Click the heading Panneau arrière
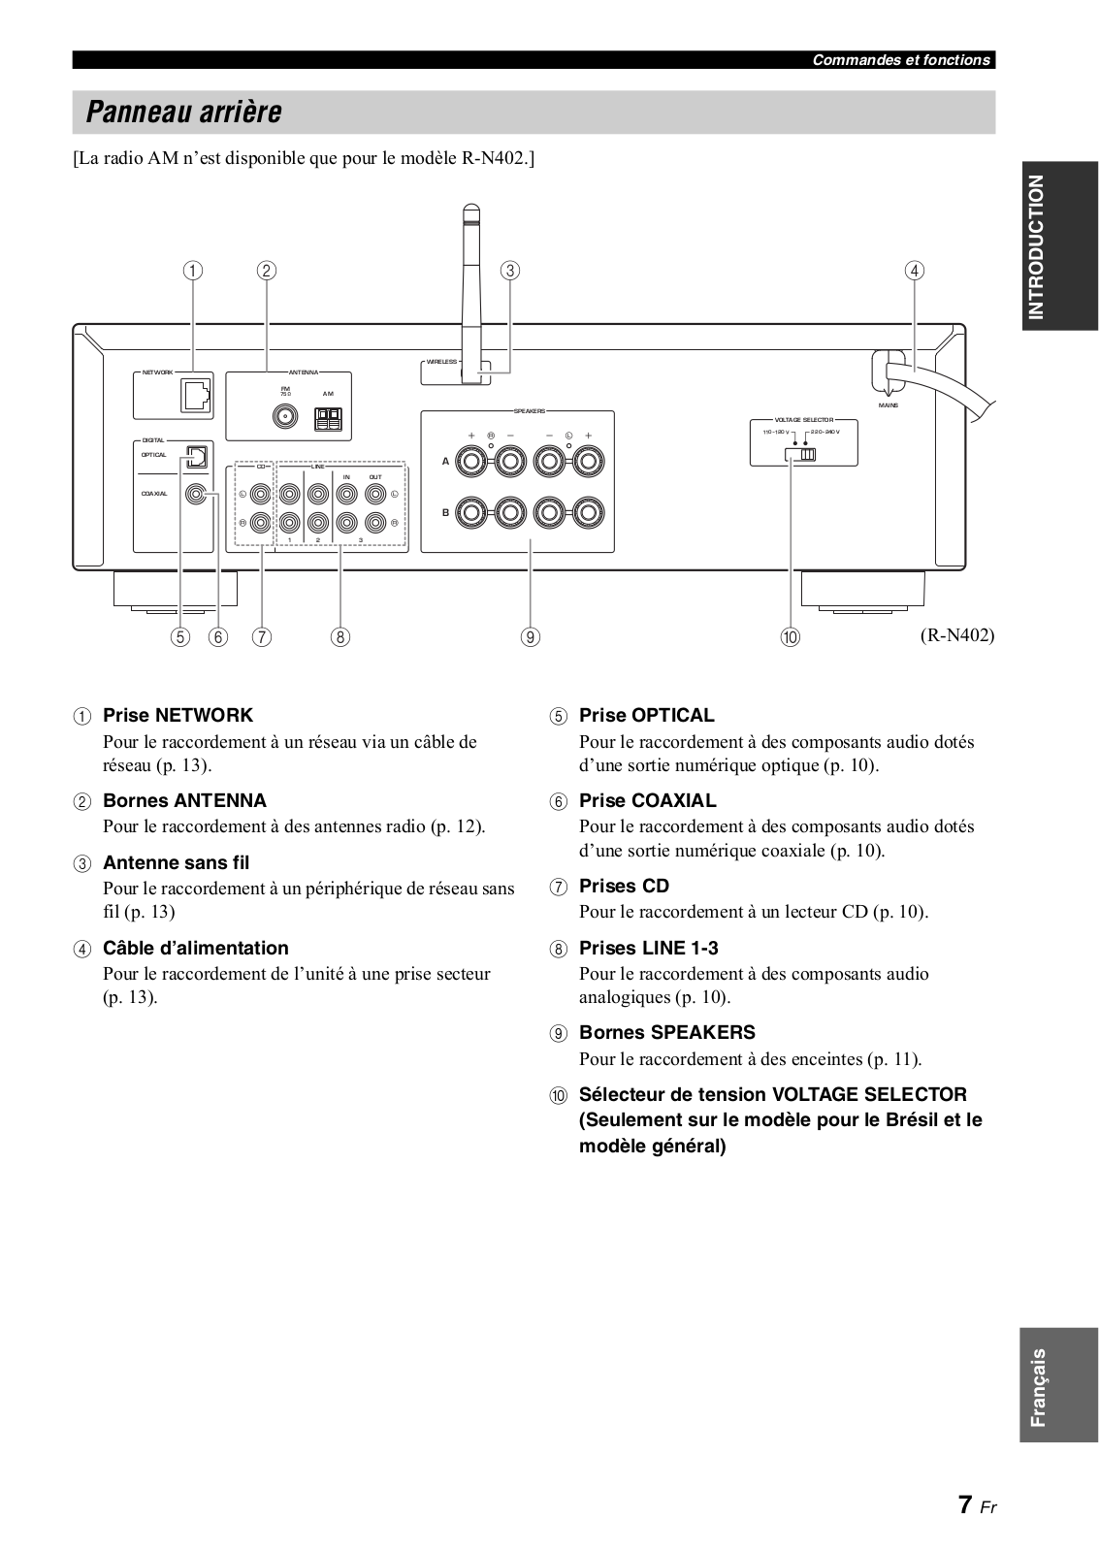[x=183, y=113]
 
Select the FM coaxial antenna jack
[x=286, y=418]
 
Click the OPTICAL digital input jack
[x=197, y=456]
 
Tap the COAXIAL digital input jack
[x=197, y=495]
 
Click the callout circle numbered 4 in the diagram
[x=914, y=271]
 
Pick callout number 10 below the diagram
[x=791, y=637]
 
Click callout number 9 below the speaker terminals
[x=530, y=637]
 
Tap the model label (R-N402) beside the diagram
[x=957, y=635]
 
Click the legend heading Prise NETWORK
[x=178, y=715]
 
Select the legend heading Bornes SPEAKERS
[x=666, y=1032]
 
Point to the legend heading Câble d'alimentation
[x=195, y=948]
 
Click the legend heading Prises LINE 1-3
[x=648, y=948]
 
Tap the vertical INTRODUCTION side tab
[x=1037, y=246]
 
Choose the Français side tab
[x=1038, y=1386]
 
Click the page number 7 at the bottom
[x=964, y=1504]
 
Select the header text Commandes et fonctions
[x=900, y=60]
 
